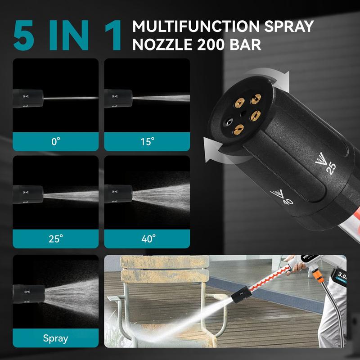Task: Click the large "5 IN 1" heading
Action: pos(67,35)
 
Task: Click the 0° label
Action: pos(55,141)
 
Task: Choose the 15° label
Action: pos(147,141)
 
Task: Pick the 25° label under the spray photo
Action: pos(55,238)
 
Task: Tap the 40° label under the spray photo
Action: pos(147,238)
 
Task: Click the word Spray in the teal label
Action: pos(55,338)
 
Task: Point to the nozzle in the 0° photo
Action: pos(28,96)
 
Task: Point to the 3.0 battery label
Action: pos(341,275)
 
